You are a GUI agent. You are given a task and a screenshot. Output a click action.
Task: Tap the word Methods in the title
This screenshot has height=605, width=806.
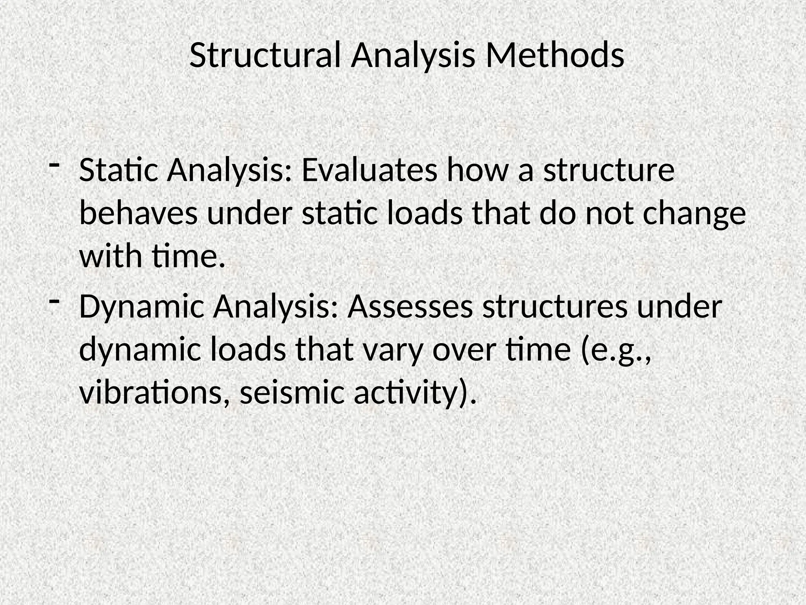[555, 55]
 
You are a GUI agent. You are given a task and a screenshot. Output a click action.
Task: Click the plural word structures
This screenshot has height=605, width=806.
[555, 307]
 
